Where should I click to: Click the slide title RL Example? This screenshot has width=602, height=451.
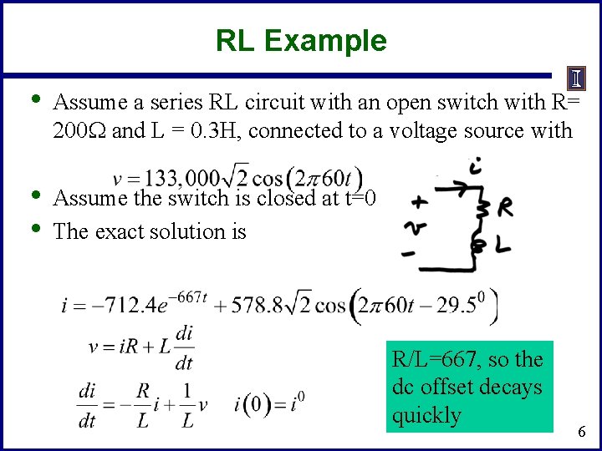[x=301, y=40]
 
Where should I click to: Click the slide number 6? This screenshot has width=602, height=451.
[x=583, y=431]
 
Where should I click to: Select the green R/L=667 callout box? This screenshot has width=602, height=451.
[x=469, y=387]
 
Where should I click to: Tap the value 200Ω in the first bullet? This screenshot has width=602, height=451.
[x=79, y=130]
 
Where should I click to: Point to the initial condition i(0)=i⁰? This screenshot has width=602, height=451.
[x=269, y=406]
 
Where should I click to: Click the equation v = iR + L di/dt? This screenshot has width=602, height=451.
[x=142, y=347]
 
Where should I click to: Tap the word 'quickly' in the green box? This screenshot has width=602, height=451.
[x=426, y=415]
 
